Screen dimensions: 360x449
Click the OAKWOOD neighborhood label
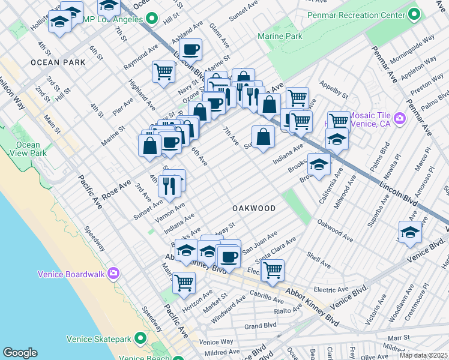(x=254, y=208)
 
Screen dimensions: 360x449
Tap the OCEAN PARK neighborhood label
(x=55, y=62)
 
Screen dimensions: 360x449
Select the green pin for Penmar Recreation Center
(x=414, y=14)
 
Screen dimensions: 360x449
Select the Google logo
(x=20, y=353)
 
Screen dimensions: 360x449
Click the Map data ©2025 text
(x=423, y=355)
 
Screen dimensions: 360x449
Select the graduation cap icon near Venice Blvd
(x=410, y=232)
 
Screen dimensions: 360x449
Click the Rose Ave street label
(x=116, y=188)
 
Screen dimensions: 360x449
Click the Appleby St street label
(x=333, y=91)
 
